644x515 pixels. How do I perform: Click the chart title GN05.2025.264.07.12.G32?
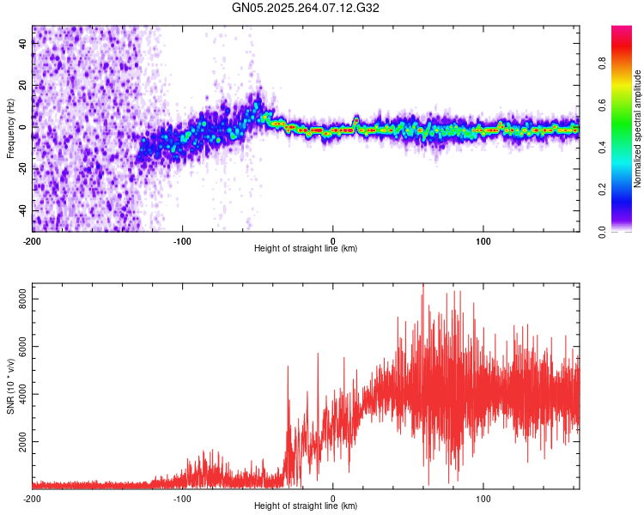(x=306, y=8)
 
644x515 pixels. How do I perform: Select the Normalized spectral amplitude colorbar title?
(x=638, y=129)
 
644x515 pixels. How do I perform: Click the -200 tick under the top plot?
(x=32, y=239)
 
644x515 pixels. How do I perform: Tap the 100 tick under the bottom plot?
(x=483, y=498)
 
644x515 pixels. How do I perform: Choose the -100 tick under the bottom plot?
(x=181, y=498)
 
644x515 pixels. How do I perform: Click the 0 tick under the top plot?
(x=333, y=239)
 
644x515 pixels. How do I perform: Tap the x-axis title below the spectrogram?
(x=306, y=249)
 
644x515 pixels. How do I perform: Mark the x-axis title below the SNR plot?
(x=306, y=506)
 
